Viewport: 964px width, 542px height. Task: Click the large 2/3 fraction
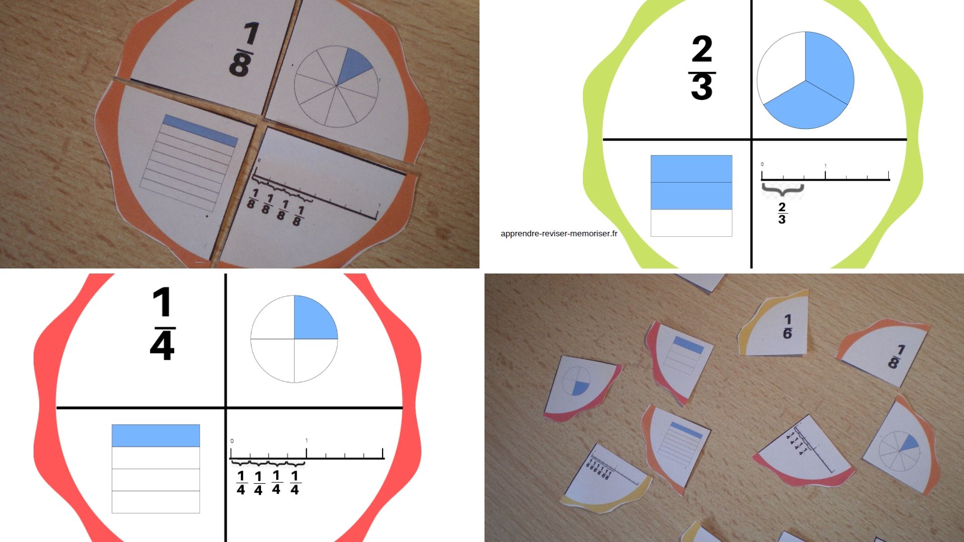click(702, 68)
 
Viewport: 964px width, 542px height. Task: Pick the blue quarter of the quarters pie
click(314, 319)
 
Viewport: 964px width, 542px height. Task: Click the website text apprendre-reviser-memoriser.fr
click(559, 233)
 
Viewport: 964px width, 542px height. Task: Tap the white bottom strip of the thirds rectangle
click(691, 223)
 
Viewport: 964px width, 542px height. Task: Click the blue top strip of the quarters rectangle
click(156, 436)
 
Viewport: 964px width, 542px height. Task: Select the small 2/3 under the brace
click(782, 213)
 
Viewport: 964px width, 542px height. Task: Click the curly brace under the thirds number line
click(782, 190)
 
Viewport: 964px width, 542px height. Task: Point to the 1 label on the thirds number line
click(825, 166)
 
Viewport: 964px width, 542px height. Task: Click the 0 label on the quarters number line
click(232, 441)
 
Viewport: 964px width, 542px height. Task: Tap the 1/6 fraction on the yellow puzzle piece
click(787, 327)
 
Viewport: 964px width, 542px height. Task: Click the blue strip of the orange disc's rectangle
click(200, 130)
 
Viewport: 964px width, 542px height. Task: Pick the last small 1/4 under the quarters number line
click(295, 483)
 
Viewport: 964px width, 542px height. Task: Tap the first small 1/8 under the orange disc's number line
click(253, 199)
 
